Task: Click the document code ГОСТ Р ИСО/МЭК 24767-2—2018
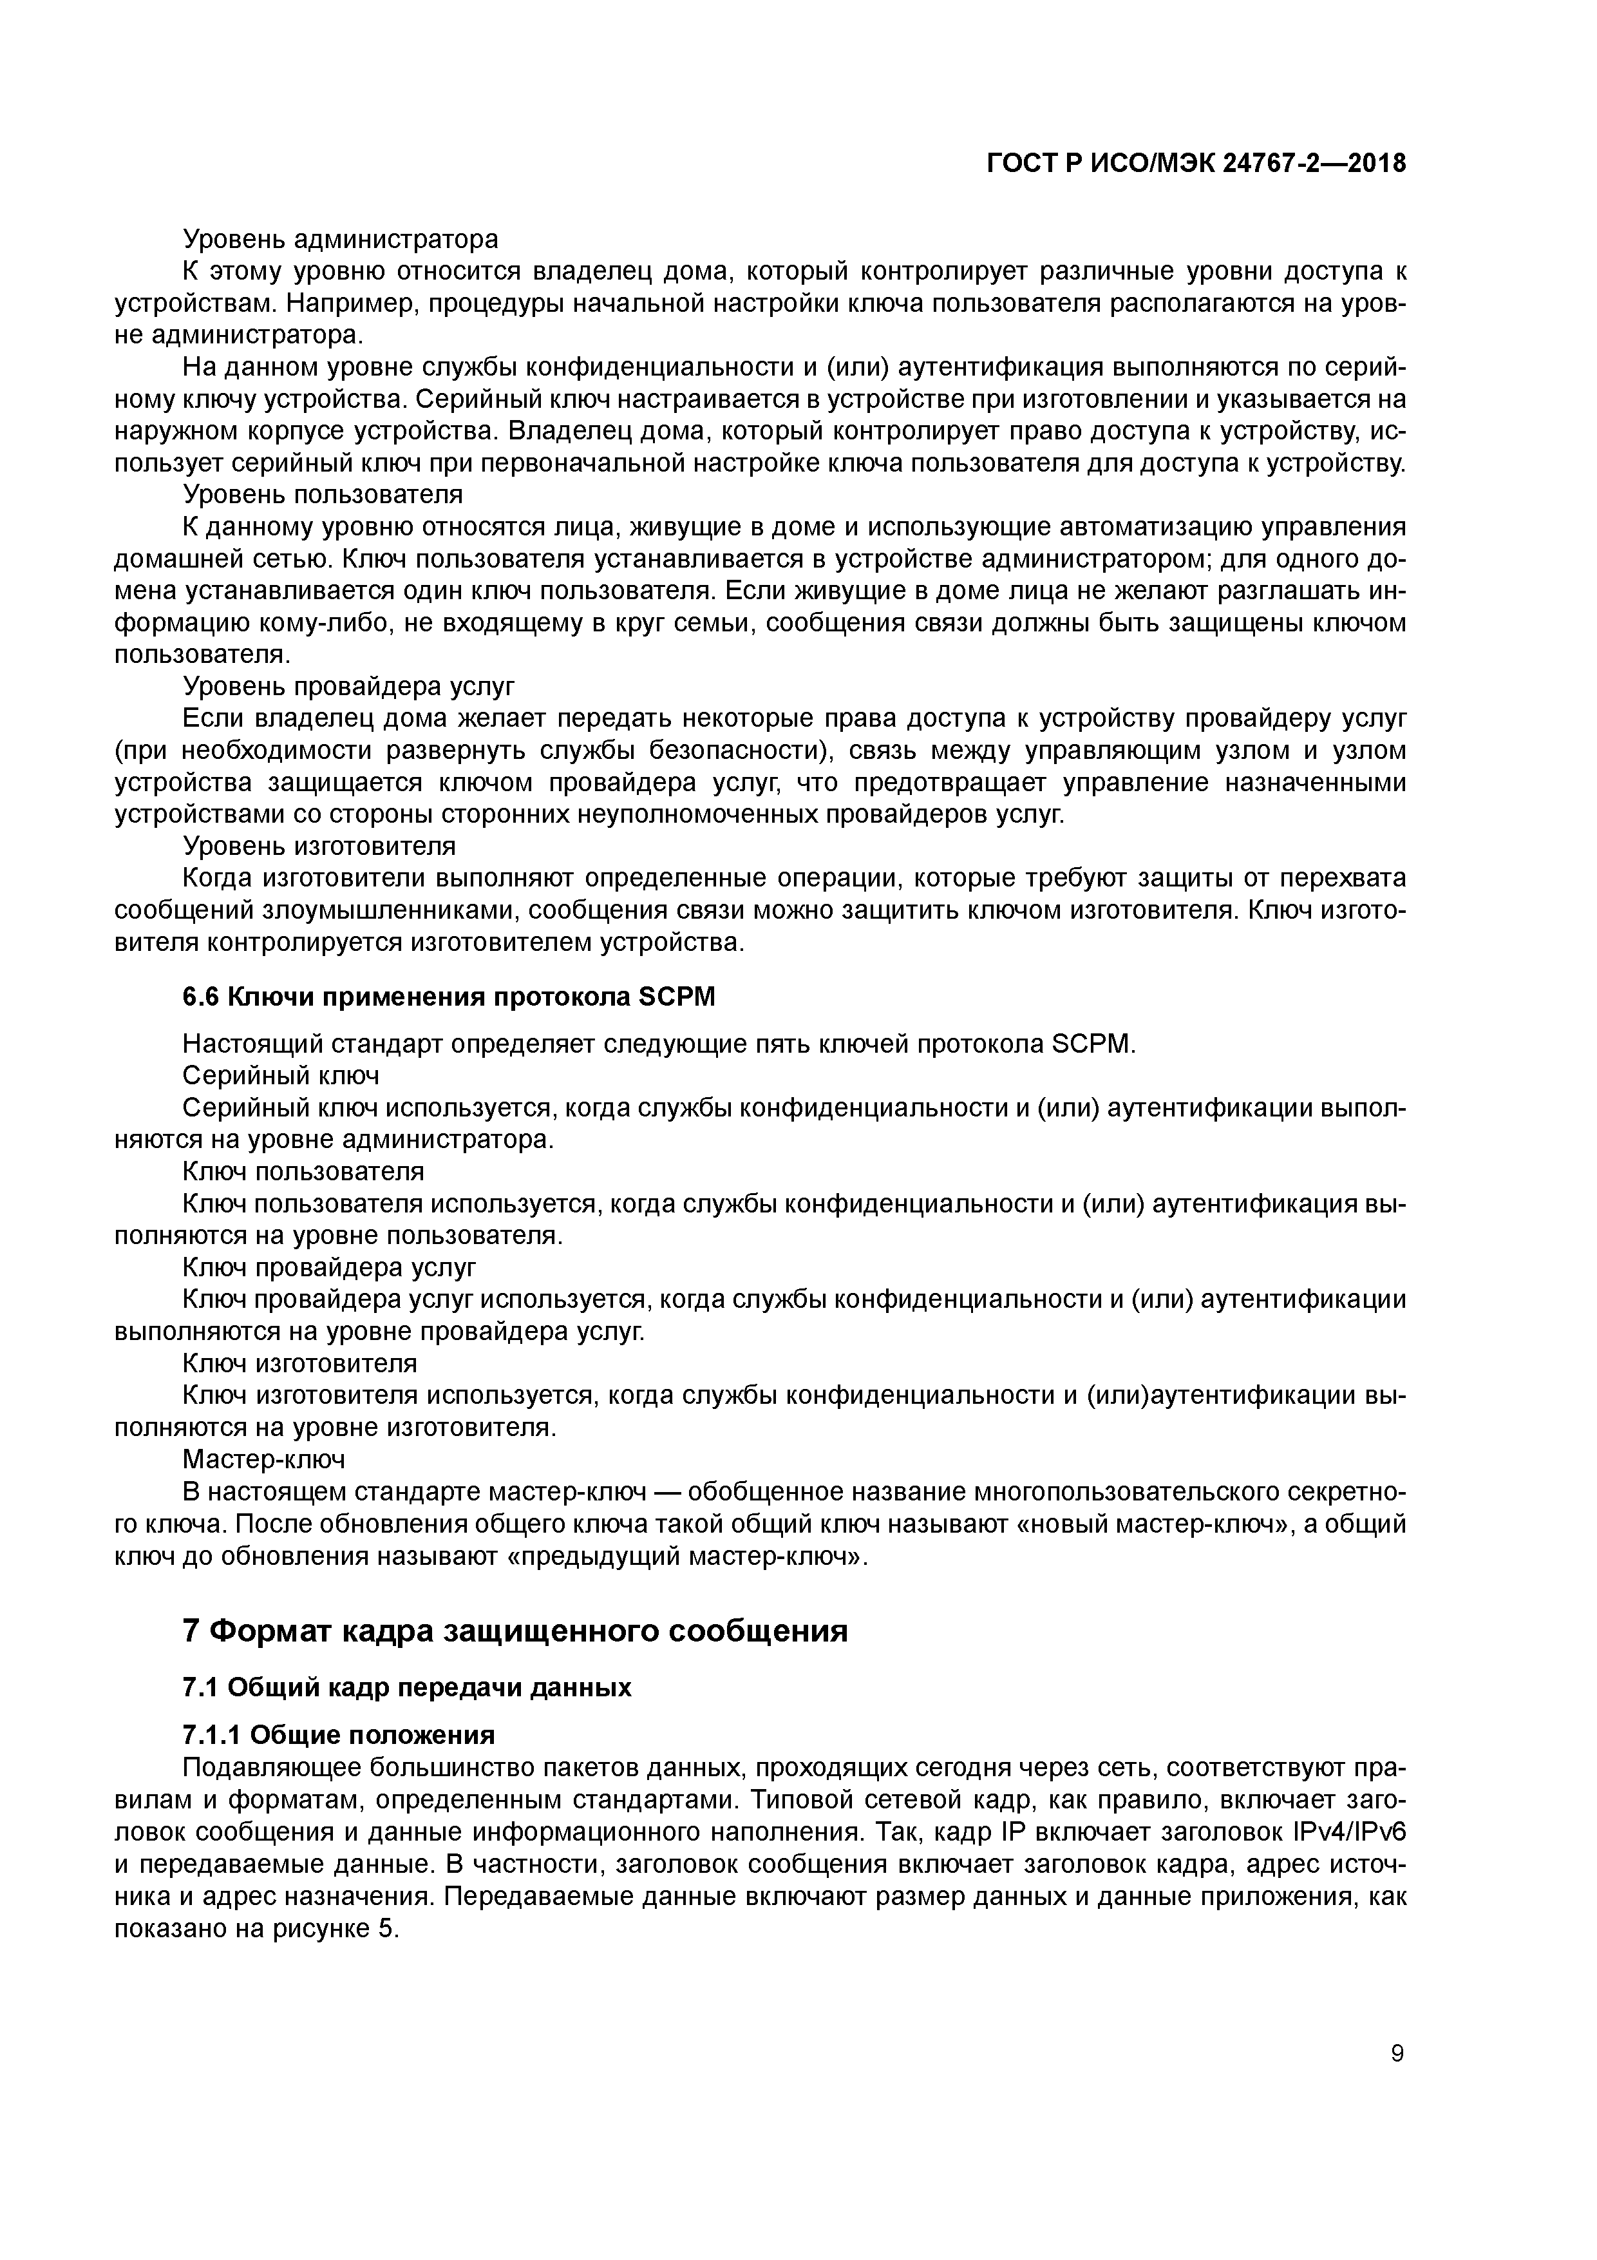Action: (x=1196, y=164)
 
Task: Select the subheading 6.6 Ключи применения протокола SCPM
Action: (x=449, y=997)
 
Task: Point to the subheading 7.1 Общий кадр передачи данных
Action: (x=406, y=1687)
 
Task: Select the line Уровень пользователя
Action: (x=323, y=493)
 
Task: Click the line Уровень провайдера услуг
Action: (x=348, y=685)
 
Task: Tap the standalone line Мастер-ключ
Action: (x=264, y=1458)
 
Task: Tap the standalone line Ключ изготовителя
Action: (x=300, y=1363)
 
